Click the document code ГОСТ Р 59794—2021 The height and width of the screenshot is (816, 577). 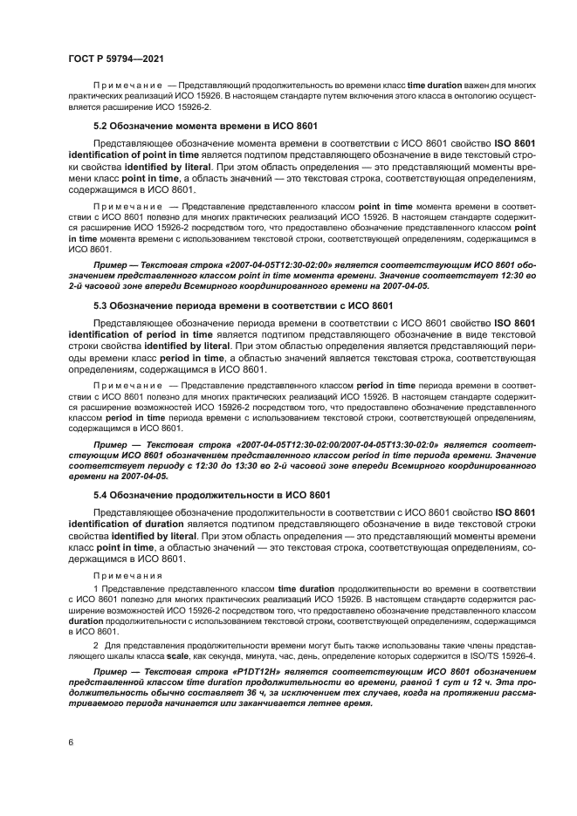point(113,58)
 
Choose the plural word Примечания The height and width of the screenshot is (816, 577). point(128,577)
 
